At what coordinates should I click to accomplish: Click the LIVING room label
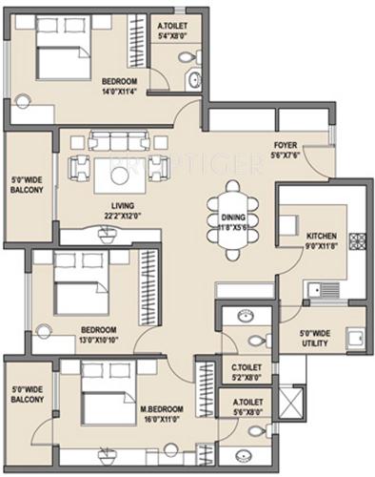[x=121, y=204]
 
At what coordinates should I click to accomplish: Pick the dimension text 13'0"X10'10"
[x=98, y=340]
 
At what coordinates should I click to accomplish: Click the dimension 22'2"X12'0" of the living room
[x=121, y=215]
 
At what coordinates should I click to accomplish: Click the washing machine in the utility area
[x=354, y=337]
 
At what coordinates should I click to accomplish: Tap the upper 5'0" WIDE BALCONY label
[x=26, y=184]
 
